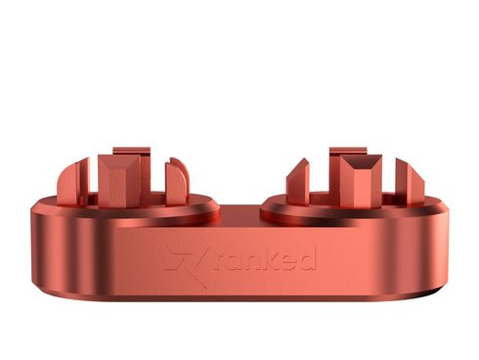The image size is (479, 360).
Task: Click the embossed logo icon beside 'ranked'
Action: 187,259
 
